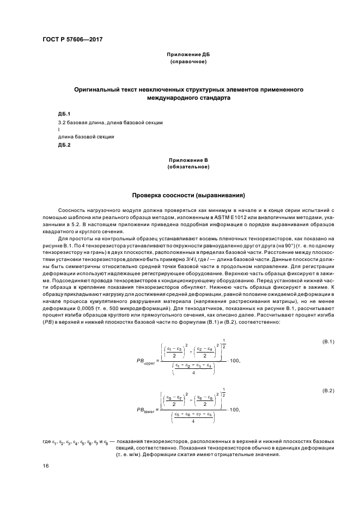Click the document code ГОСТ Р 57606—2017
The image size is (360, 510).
72,40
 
